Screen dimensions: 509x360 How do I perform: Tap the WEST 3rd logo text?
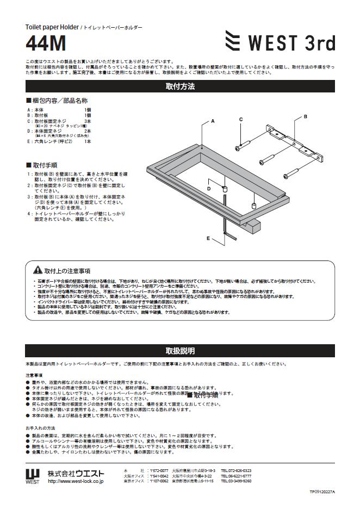click(292, 42)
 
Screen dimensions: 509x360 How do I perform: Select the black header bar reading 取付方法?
click(179, 86)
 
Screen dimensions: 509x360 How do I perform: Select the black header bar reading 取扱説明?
click(179, 351)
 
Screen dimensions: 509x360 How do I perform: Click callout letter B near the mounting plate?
click(305, 116)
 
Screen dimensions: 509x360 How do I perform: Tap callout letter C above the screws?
click(241, 119)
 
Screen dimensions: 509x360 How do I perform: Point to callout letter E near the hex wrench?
click(208, 238)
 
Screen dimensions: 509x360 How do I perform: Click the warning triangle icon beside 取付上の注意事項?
click(38, 270)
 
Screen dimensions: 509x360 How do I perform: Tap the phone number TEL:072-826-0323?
click(236, 470)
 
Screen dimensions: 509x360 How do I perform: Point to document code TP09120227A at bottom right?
click(322, 491)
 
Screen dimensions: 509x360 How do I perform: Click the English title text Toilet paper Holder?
click(52, 27)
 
